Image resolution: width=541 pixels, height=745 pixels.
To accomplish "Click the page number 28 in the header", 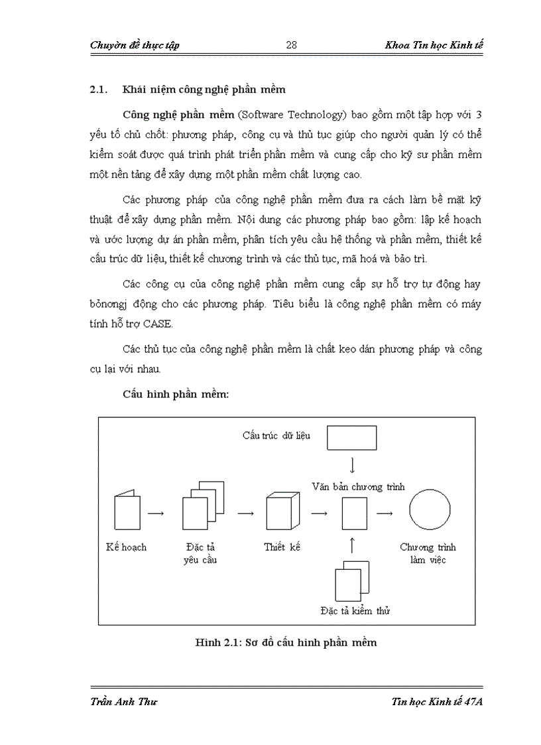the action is (291, 45).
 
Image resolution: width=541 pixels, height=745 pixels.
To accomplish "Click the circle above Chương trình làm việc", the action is (430, 512).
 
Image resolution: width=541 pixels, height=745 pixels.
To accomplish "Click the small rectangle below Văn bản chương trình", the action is (353, 513).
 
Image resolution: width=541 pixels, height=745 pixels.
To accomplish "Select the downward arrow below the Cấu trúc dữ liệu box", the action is (353, 464).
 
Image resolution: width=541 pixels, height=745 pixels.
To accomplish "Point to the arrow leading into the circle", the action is (385, 513).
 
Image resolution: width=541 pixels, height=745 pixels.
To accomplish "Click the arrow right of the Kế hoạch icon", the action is (156, 513).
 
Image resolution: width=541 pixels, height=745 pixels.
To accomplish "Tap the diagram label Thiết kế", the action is (282, 547).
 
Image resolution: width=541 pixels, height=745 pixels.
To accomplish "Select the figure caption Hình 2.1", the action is (286, 642).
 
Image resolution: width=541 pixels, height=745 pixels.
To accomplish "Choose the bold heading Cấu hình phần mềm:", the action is (176, 393).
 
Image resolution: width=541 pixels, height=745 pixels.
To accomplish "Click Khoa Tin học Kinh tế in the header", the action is (434, 45).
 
